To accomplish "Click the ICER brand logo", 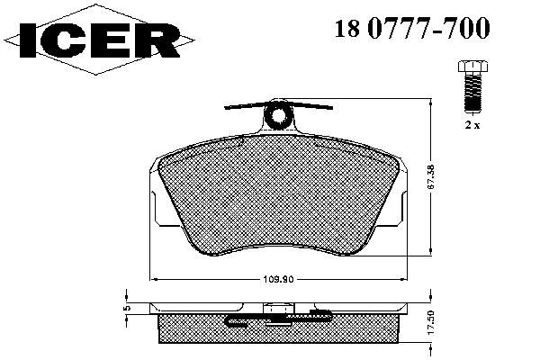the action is (99, 40).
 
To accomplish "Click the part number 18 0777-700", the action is (412, 27).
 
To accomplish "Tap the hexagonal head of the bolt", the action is (472, 66).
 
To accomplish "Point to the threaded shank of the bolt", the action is (472, 93).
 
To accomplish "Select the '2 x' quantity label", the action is (472, 125).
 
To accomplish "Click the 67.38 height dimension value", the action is (431, 176).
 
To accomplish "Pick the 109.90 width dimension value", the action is (278, 279).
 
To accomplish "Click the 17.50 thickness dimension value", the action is (431, 322).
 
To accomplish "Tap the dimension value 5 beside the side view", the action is (127, 308).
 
